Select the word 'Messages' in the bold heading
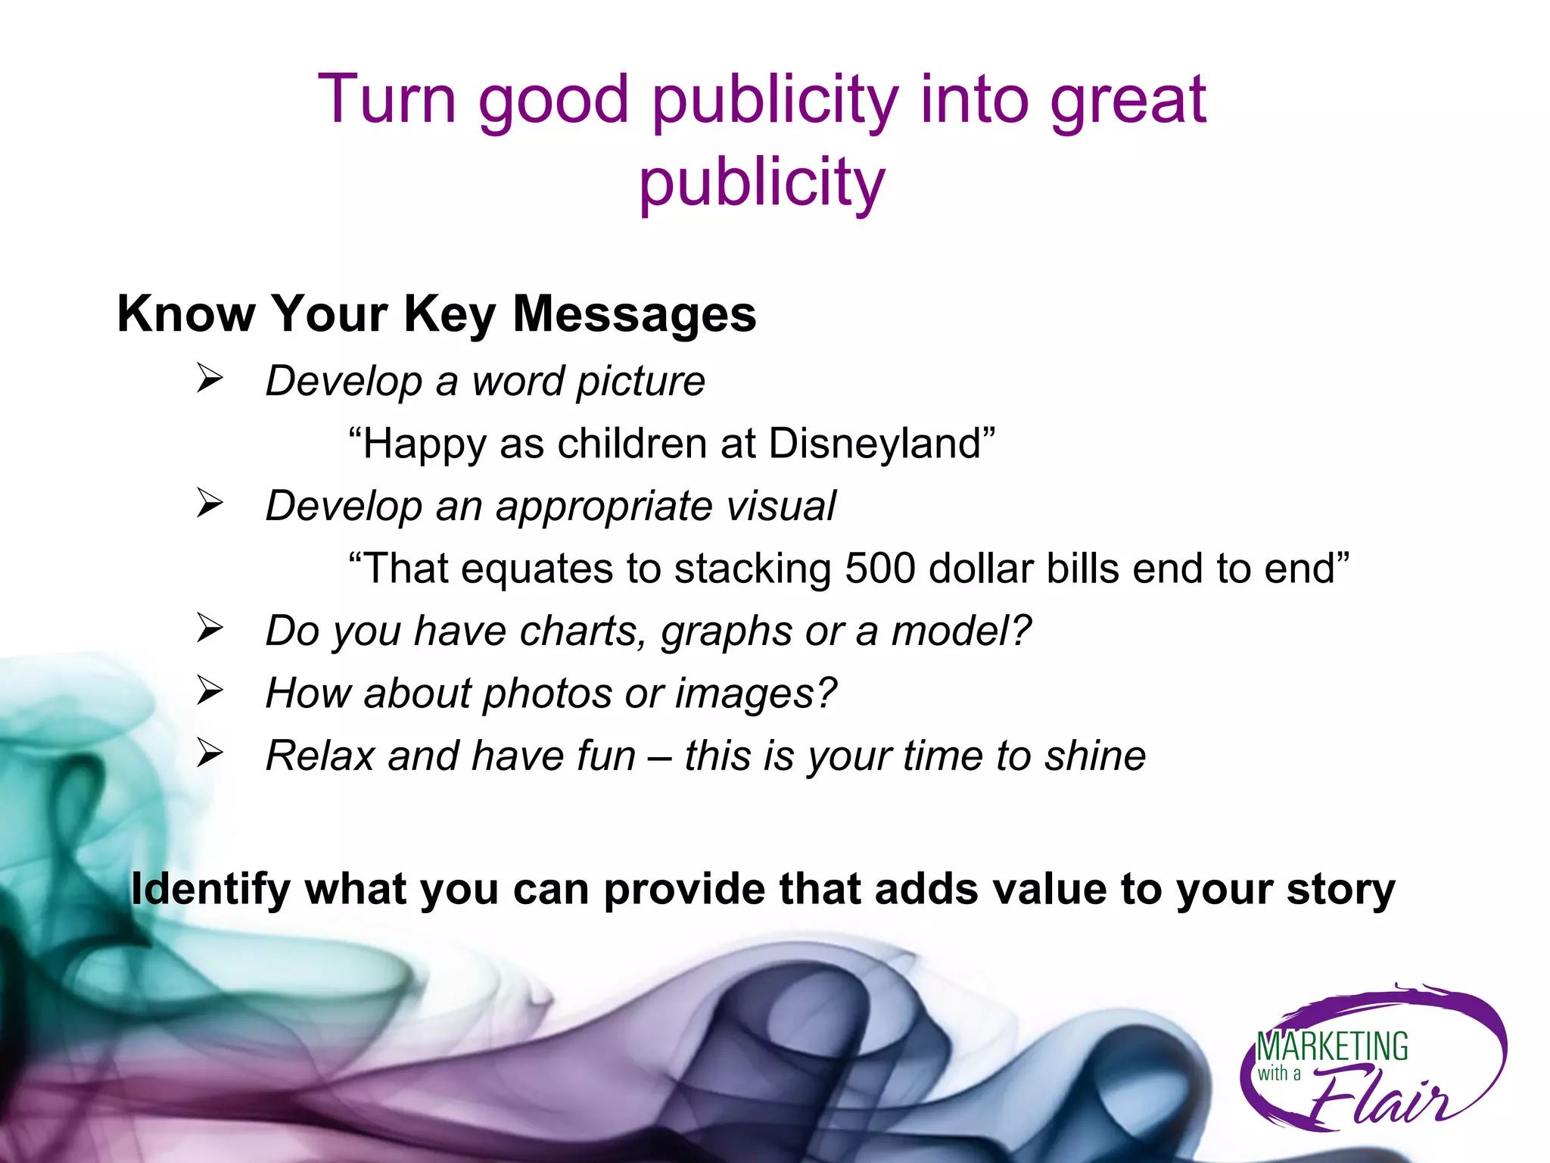(634, 314)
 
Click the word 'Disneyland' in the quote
(874, 444)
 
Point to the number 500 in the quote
(879, 569)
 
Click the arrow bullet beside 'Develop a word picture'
(210, 378)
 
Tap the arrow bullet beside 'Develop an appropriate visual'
(210, 503)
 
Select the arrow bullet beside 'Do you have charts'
(210, 628)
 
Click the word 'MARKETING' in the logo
(1332, 1046)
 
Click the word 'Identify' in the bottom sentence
(210, 890)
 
